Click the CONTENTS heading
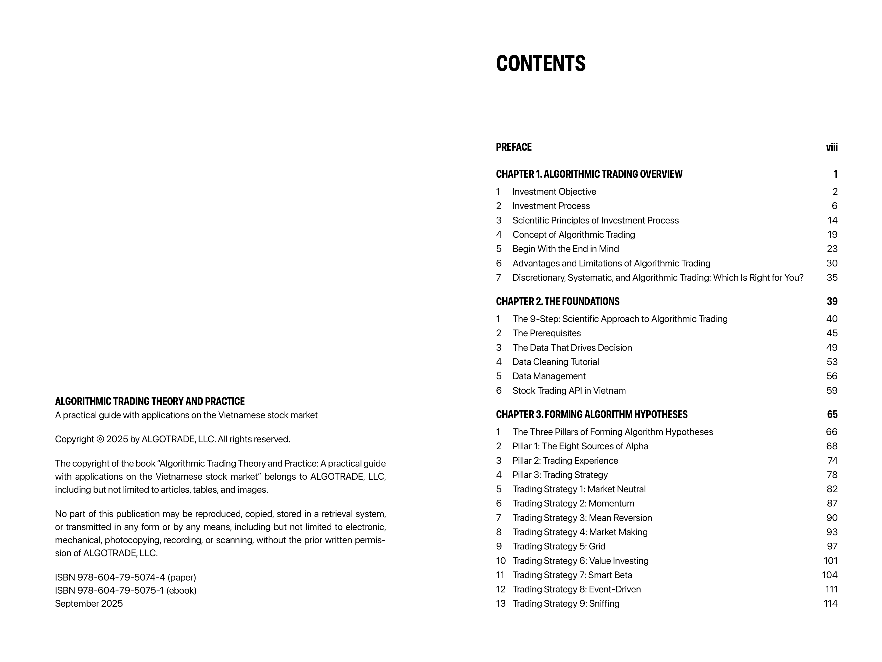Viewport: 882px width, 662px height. click(540, 64)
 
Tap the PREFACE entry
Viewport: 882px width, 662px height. click(514, 147)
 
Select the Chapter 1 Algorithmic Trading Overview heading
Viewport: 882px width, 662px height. click(589, 174)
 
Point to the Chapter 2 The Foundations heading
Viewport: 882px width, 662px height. click(557, 302)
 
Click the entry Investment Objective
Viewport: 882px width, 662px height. click(554, 192)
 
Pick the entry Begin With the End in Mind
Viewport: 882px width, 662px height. click(565, 249)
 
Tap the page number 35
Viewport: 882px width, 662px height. click(832, 278)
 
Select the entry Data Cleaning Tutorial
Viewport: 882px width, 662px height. click(555, 362)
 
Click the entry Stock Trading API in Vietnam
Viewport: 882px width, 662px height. click(569, 391)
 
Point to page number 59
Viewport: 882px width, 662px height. click(832, 391)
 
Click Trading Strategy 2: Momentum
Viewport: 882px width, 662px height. click(573, 504)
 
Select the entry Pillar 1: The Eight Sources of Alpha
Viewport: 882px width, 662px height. click(580, 446)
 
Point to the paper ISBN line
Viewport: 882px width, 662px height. click(125, 577)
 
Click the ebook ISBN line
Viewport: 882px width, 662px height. click(126, 591)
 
